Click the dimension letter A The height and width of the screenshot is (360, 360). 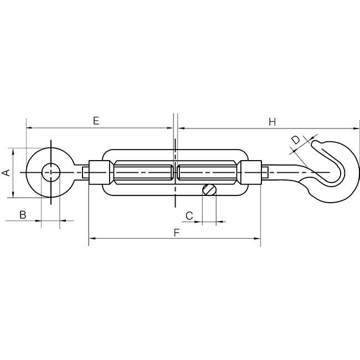[7, 172]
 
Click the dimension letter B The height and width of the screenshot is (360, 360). [23, 215]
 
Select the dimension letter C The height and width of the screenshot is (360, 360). [189, 216]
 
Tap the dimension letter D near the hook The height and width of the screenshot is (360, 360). [296, 140]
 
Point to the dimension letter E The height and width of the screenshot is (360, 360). [96, 121]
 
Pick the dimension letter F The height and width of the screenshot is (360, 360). [176, 233]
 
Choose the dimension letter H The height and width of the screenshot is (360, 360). [272, 122]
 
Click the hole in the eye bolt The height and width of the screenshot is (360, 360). [51, 172]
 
